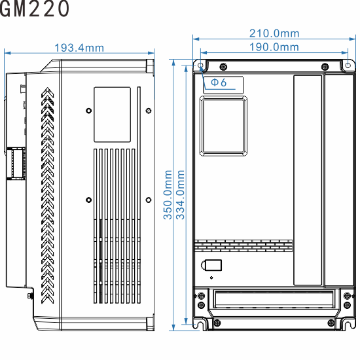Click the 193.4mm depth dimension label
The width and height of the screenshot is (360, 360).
(79, 48)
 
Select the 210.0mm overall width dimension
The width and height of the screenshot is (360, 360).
(274, 33)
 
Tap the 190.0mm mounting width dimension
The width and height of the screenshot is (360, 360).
(274, 47)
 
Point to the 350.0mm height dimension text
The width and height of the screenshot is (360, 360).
(168, 194)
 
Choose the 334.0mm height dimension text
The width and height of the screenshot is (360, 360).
(181, 194)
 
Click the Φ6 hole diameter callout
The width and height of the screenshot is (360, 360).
(218, 82)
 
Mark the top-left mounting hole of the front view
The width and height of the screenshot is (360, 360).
(200, 65)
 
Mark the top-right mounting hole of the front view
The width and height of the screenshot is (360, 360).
(348, 65)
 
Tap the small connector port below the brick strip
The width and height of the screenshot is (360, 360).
(213, 266)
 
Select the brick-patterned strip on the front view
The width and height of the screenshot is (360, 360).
(243, 244)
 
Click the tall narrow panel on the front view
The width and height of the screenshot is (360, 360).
(308, 180)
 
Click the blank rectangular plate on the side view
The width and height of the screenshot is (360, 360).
(112, 114)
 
